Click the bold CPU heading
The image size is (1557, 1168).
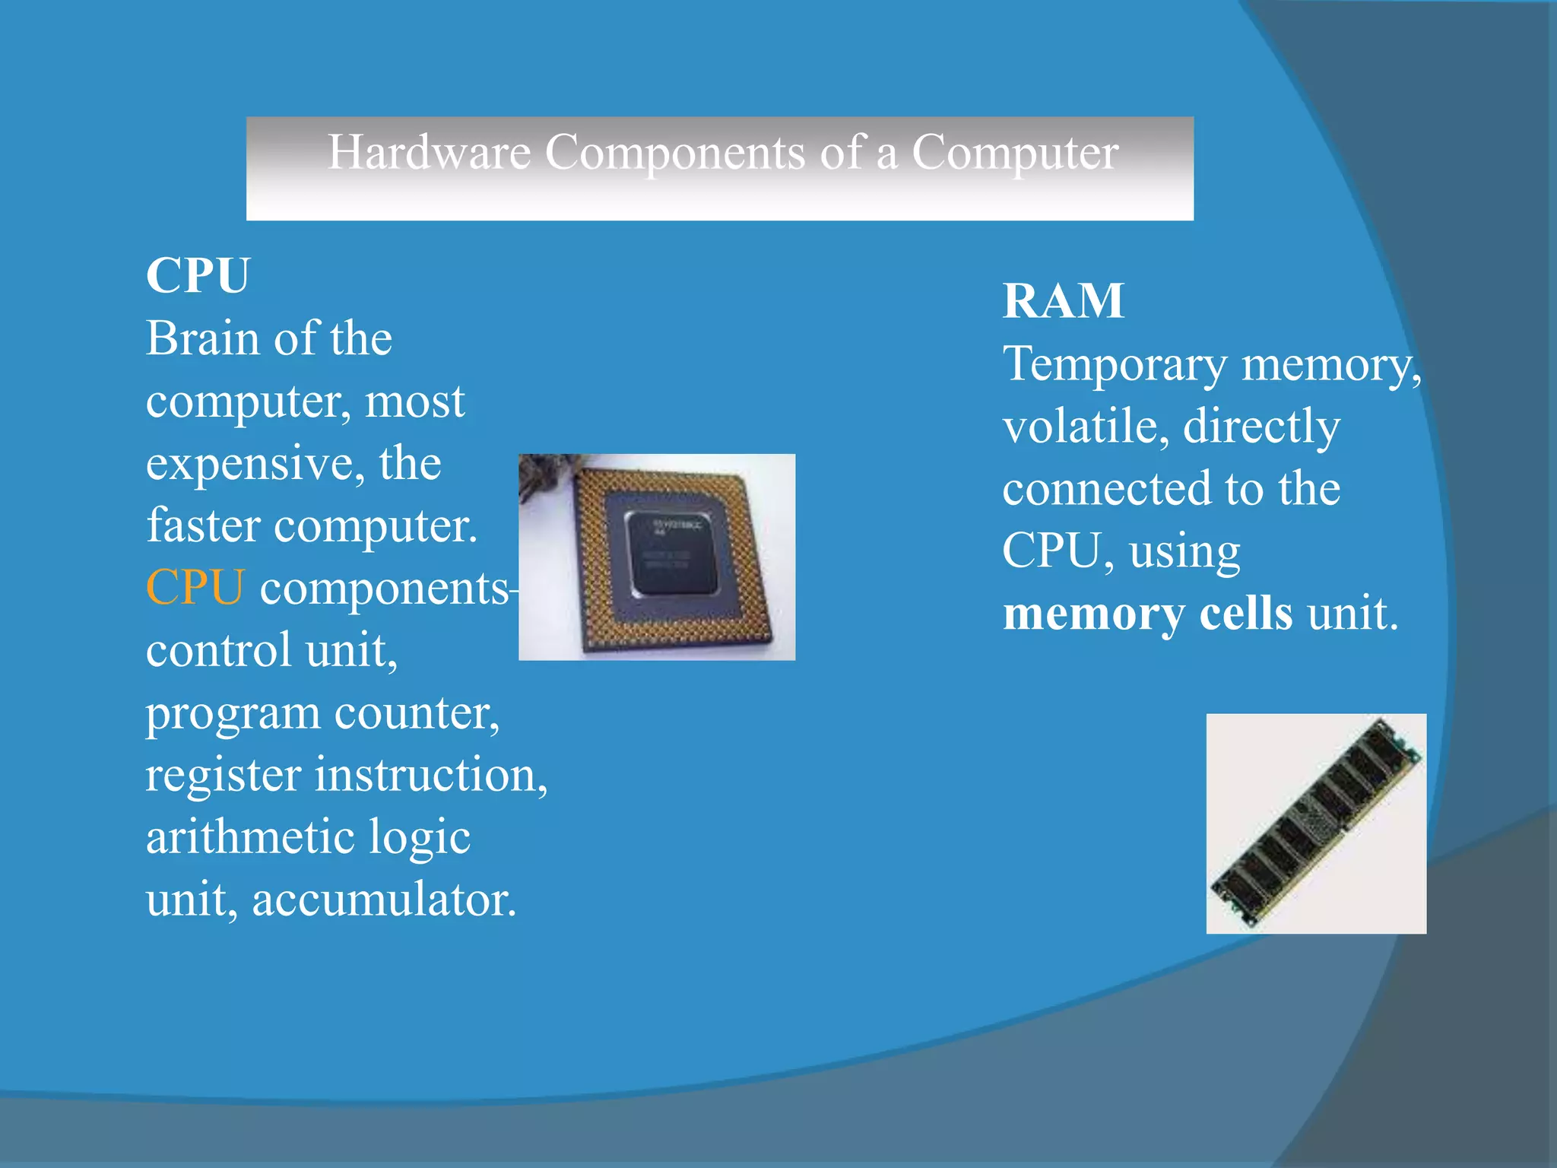click(198, 275)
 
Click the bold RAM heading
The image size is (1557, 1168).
click(1063, 301)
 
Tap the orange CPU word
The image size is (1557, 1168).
click(195, 588)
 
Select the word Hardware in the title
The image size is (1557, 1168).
click(429, 152)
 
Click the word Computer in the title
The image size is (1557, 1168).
click(1014, 152)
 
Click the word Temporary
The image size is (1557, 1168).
click(1115, 365)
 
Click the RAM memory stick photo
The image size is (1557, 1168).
click(1316, 824)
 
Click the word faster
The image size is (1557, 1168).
click(203, 525)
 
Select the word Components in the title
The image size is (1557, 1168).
click(674, 152)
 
